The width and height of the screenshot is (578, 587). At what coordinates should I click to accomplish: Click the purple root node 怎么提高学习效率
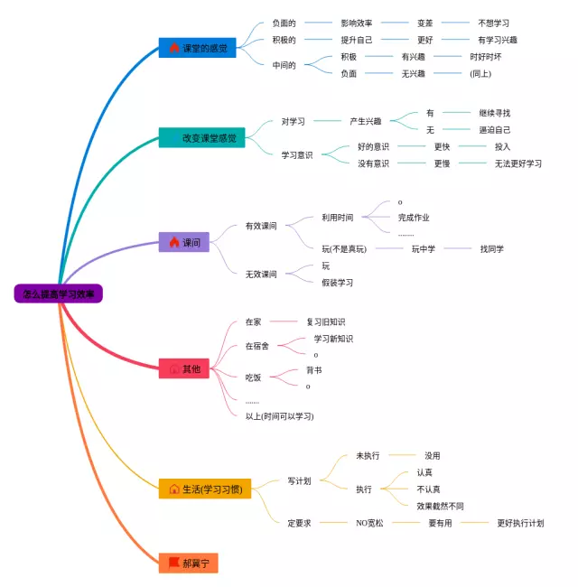tap(59, 293)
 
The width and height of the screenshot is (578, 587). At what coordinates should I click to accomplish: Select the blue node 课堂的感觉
tap(197, 48)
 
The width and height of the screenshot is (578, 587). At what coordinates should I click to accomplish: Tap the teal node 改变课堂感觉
tap(201, 138)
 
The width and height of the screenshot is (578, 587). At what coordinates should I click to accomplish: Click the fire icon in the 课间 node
tap(173, 242)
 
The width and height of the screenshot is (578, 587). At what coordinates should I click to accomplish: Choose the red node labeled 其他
tap(184, 368)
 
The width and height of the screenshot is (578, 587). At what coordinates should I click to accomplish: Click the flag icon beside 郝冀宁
tap(173, 563)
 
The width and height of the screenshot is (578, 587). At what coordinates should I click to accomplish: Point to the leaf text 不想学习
tap(499, 23)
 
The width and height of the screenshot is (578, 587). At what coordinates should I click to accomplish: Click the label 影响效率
tap(357, 23)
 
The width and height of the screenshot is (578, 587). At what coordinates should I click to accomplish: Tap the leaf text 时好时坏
tap(485, 57)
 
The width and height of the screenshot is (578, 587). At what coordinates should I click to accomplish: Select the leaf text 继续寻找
tap(494, 113)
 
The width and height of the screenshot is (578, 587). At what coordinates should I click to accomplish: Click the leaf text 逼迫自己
tap(494, 130)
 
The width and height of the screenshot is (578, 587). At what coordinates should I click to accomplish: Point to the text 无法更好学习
tap(517, 163)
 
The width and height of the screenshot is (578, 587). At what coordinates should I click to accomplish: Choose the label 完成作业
tap(414, 218)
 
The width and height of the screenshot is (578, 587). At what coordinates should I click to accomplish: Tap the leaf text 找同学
tap(492, 248)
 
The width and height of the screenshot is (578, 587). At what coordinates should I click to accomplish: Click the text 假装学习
tap(337, 283)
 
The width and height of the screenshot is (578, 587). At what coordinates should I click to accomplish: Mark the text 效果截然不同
tap(440, 506)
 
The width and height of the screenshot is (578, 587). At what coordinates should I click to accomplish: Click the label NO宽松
tap(369, 523)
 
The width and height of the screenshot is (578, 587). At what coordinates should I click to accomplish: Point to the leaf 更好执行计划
tap(520, 523)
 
